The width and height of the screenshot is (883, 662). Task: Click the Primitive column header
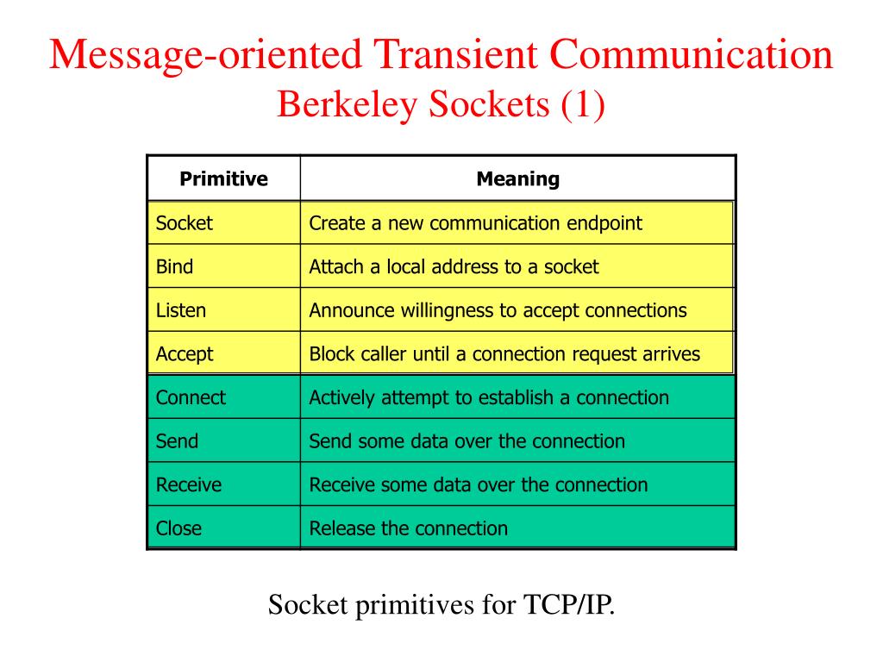[223, 179]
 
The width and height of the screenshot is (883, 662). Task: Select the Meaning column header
[517, 179]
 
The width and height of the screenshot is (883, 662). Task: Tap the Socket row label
[184, 223]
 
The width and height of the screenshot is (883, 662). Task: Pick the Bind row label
[174, 266]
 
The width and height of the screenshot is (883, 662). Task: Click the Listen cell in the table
[181, 310]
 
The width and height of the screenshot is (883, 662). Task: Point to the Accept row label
[184, 354]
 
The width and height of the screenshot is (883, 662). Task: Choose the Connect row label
[191, 397]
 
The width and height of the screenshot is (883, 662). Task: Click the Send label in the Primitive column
[177, 441]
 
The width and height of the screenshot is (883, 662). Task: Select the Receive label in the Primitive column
[188, 484]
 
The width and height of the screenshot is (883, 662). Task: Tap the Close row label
[178, 528]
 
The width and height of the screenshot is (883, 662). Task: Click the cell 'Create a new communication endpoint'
[475, 223]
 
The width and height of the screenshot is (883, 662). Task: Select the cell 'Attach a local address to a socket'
[454, 266]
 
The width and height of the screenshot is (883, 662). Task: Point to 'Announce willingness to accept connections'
[498, 310]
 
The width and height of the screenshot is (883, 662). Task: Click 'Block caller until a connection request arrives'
[504, 354]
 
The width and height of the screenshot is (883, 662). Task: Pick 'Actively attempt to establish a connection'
[489, 397]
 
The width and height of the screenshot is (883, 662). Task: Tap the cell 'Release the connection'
[408, 528]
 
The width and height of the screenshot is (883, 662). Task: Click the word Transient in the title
[454, 55]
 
